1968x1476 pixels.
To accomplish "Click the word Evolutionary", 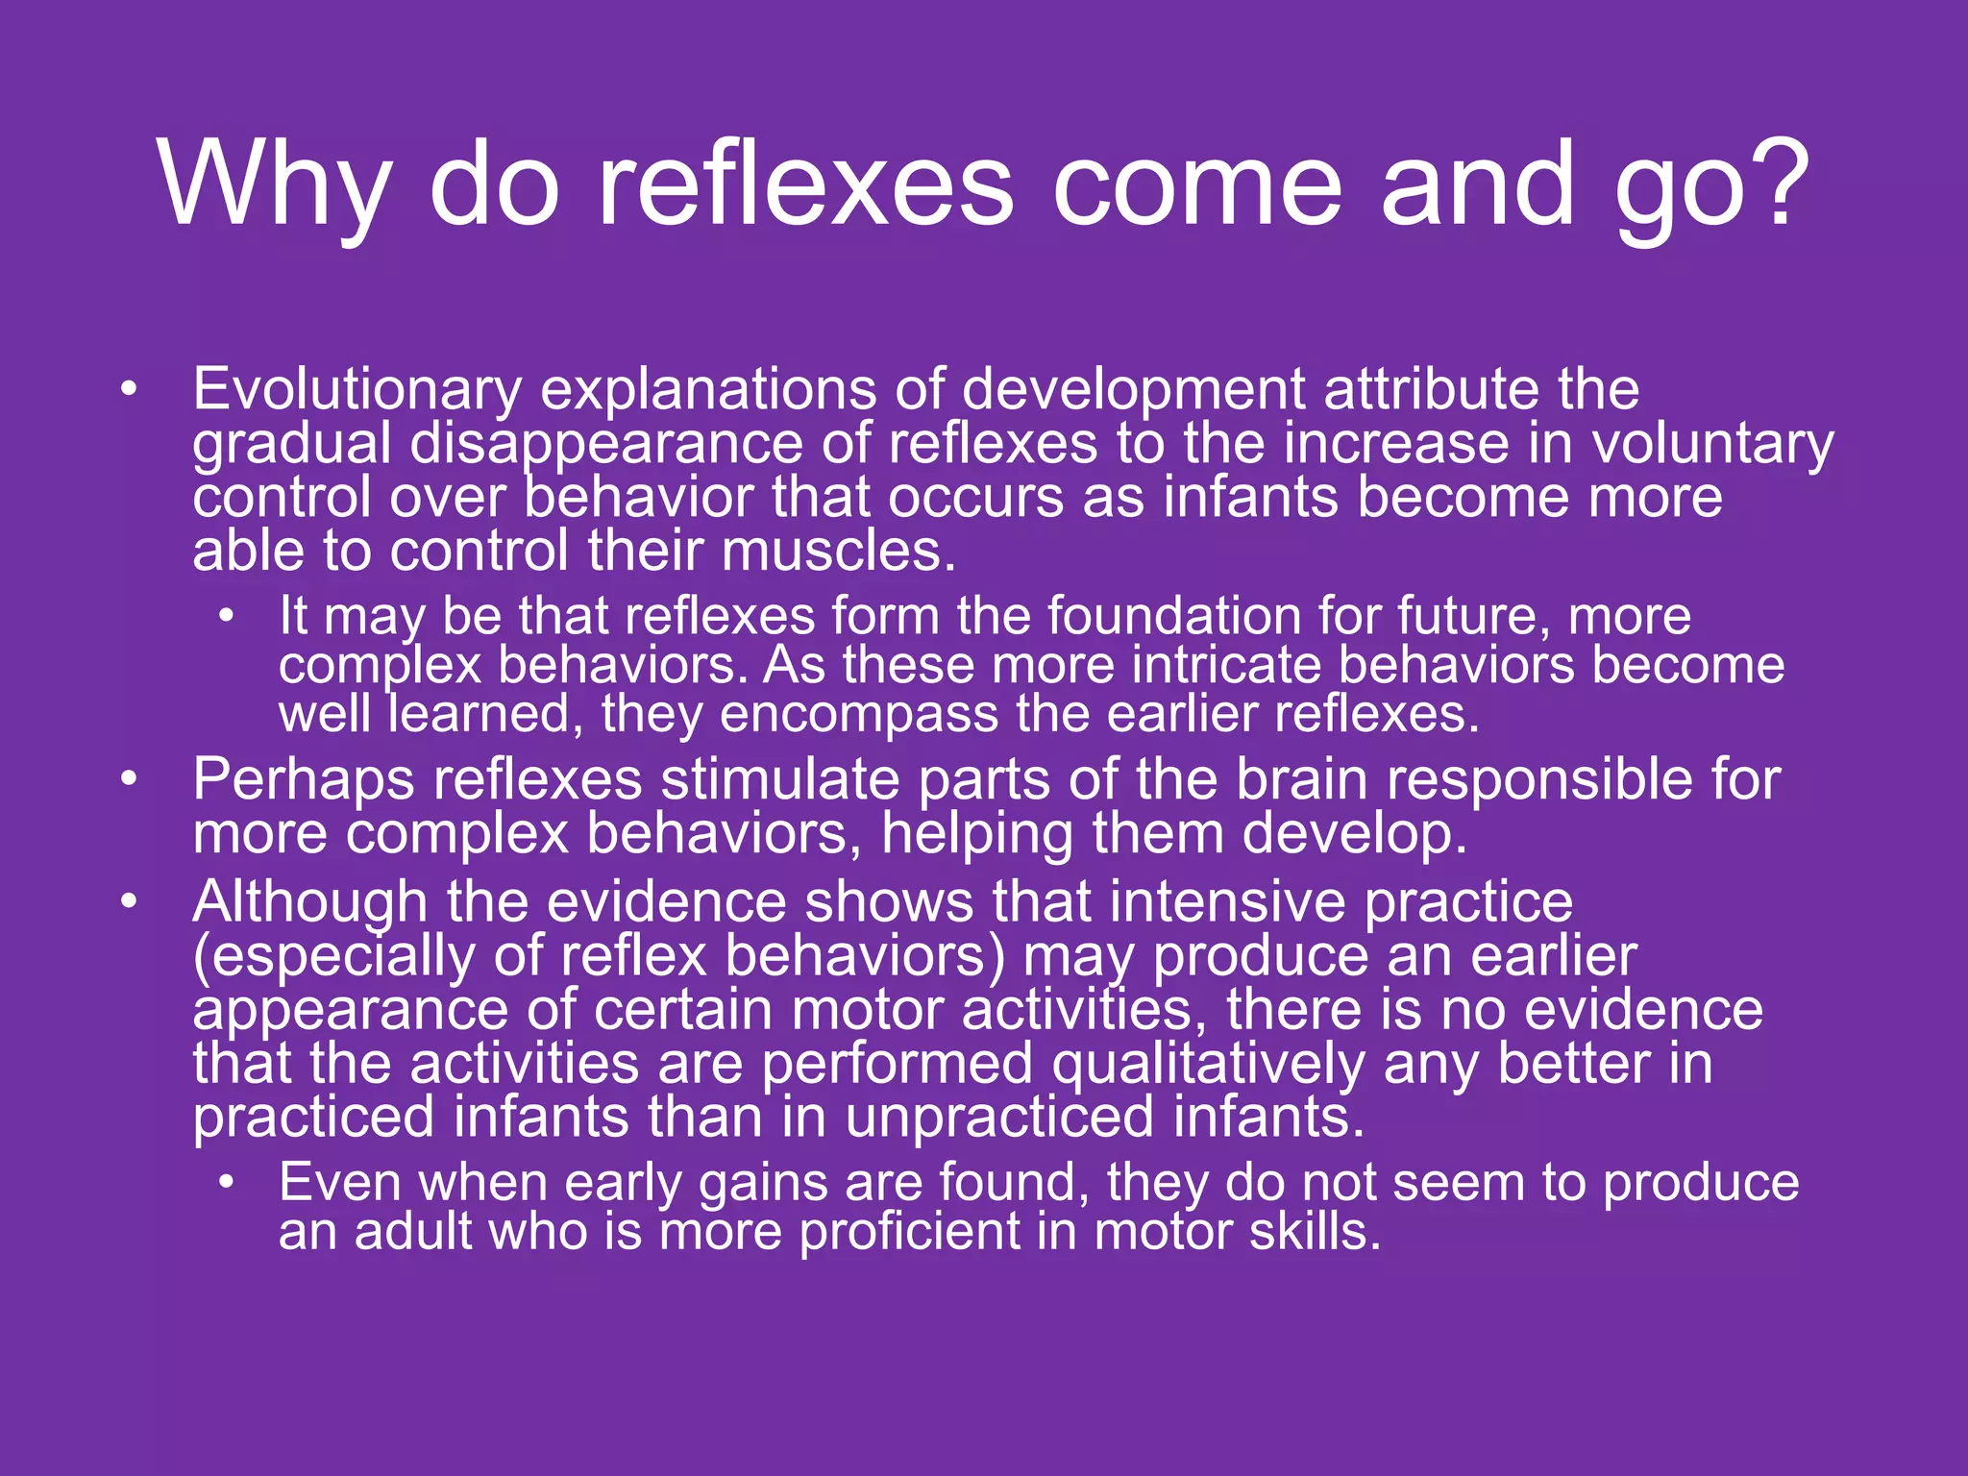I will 357,390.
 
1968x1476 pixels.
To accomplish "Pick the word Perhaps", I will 304,779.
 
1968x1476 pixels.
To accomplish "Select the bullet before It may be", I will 226,616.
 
